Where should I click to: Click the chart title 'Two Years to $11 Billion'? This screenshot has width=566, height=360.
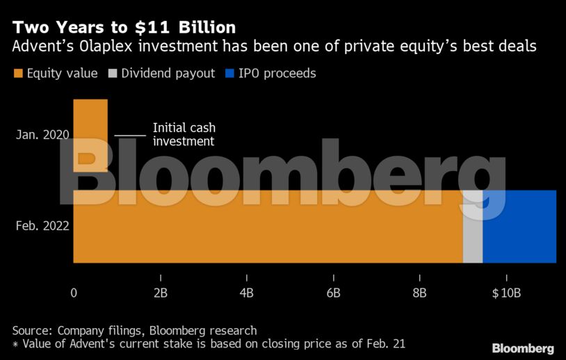124,27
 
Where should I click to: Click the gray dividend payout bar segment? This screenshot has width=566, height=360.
473,227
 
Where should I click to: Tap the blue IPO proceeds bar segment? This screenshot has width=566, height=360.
519,227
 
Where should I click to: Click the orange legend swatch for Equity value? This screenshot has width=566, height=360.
18,73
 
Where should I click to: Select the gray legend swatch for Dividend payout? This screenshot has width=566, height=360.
113,73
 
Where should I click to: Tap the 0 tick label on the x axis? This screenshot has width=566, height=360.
74,293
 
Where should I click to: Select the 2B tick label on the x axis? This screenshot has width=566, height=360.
160,293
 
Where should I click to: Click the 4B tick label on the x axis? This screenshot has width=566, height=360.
247,293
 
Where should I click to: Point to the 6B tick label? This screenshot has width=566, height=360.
333,293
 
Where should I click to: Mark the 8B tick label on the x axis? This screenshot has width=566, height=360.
419,293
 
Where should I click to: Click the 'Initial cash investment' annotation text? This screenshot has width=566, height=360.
184,134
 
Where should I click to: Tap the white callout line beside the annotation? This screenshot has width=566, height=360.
130,134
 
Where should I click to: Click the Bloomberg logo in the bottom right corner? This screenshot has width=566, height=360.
523,348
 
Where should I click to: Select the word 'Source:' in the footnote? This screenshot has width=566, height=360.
33,330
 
